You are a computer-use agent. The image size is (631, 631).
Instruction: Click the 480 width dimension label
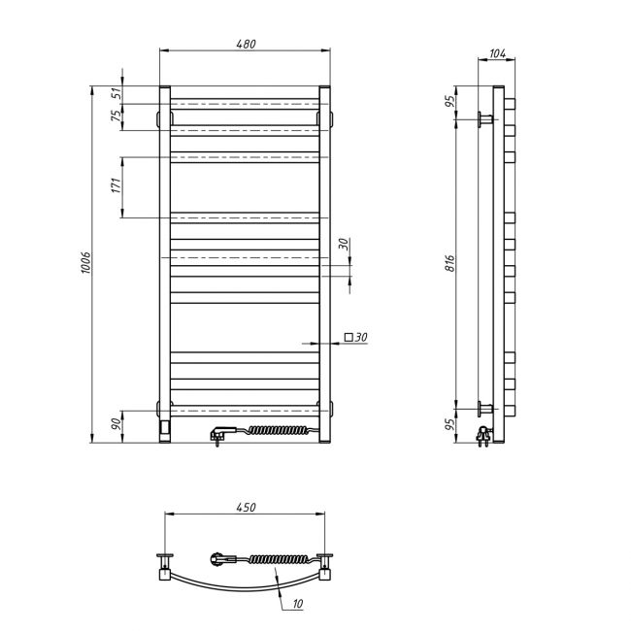click(246, 44)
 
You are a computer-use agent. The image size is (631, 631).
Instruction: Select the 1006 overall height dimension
click(85, 263)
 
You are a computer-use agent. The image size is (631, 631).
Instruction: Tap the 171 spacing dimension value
click(116, 185)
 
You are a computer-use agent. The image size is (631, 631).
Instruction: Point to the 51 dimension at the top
click(116, 94)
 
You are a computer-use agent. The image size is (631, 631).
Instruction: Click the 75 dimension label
click(116, 116)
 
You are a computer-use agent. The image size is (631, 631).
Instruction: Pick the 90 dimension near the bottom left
click(116, 424)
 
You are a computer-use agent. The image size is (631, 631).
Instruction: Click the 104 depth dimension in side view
click(497, 53)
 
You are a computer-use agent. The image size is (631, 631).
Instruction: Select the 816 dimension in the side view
click(450, 263)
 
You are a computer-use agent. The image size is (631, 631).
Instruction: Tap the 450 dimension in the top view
click(246, 507)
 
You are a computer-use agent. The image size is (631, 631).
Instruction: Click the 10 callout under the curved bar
click(298, 603)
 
